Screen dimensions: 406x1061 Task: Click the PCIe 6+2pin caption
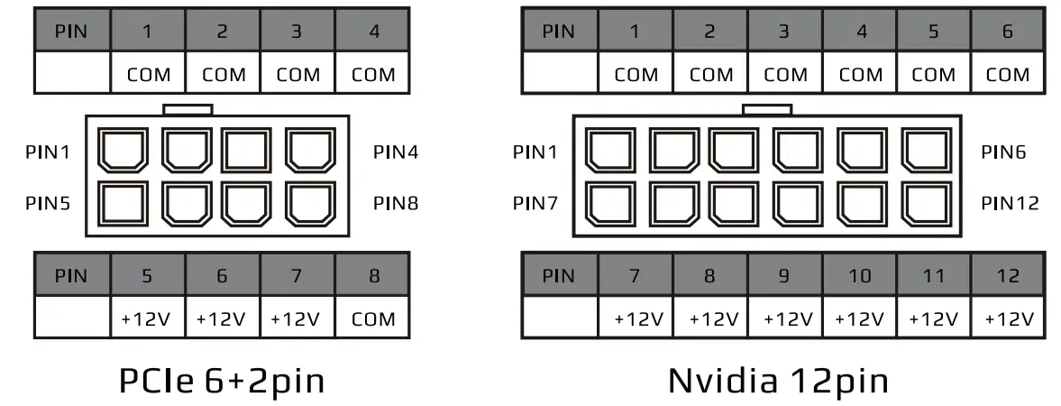pyautogui.click(x=222, y=381)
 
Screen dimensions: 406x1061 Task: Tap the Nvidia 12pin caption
pyautogui.click(x=778, y=381)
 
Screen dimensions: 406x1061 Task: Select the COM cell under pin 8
pyautogui.click(x=373, y=318)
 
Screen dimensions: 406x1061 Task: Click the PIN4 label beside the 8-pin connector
pyautogui.click(x=395, y=152)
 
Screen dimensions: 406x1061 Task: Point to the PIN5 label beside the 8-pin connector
pyautogui.click(x=48, y=203)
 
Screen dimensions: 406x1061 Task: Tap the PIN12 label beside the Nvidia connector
pyautogui.click(x=1010, y=203)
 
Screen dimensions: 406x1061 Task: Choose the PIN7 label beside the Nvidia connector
pyautogui.click(x=535, y=203)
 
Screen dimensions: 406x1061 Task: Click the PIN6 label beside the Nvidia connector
pyautogui.click(x=1002, y=152)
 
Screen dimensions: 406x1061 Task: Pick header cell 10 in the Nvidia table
pyautogui.click(x=858, y=275)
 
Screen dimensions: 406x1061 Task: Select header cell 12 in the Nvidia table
pyautogui.click(x=1008, y=275)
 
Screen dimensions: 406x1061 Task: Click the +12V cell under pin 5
pyautogui.click(x=149, y=318)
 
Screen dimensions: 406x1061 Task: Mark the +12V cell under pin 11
pyautogui.click(x=933, y=318)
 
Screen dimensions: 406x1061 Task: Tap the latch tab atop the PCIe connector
pyautogui.click(x=188, y=109)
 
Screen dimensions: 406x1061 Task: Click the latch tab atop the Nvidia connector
pyautogui.click(x=766, y=109)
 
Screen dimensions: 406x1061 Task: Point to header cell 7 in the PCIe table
pyautogui.click(x=297, y=275)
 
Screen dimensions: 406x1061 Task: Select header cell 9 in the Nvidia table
pyautogui.click(x=783, y=275)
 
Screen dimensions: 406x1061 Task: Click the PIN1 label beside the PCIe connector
pyautogui.click(x=48, y=152)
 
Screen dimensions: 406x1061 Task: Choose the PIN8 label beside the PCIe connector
pyautogui.click(x=395, y=203)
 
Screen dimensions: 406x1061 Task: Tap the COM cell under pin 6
pyautogui.click(x=1008, y=74)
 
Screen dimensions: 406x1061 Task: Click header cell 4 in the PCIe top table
pyautogui.click(x=373, y=32)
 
